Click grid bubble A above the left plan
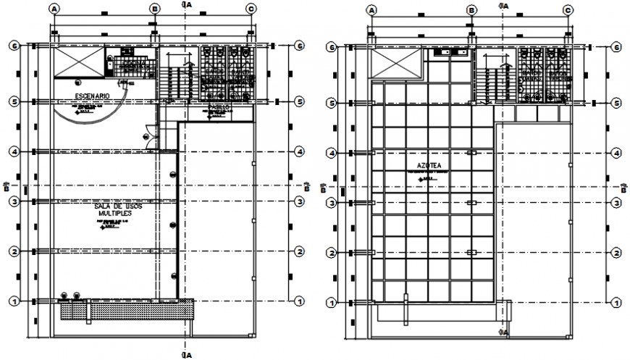tap(54, 9)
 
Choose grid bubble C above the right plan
tap(568, 10)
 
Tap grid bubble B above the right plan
tap(471, 10)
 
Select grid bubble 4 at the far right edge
tap(617, 153)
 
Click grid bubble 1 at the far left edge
tap(11, 301)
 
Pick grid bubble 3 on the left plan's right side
tap(299, 201)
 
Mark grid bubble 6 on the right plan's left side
tap(332, 48)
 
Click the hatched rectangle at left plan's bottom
tap(127, 309)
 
